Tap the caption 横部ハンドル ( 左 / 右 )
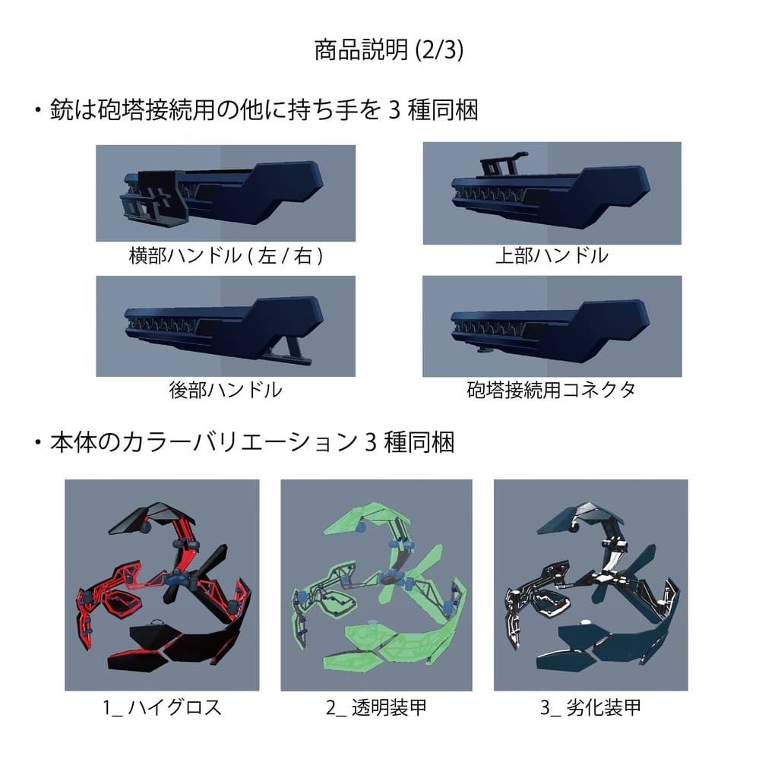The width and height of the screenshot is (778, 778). tap(226, 256)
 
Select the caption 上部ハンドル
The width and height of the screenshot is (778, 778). tap(552, 255)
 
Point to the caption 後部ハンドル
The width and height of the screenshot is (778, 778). tap(226, 391)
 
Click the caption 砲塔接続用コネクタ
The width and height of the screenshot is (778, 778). tap(552, 391)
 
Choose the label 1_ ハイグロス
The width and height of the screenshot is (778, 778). tap(162, 707)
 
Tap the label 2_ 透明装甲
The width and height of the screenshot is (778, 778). tap(376, 707)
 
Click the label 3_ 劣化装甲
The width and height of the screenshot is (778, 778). tap(590, 707)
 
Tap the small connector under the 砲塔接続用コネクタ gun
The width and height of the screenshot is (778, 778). tap(484, 350)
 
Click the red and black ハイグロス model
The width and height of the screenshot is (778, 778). tap(161, 585)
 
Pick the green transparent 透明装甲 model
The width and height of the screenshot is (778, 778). tap(376, 585)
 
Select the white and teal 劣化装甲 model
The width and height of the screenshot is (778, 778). tap(590, 585)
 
